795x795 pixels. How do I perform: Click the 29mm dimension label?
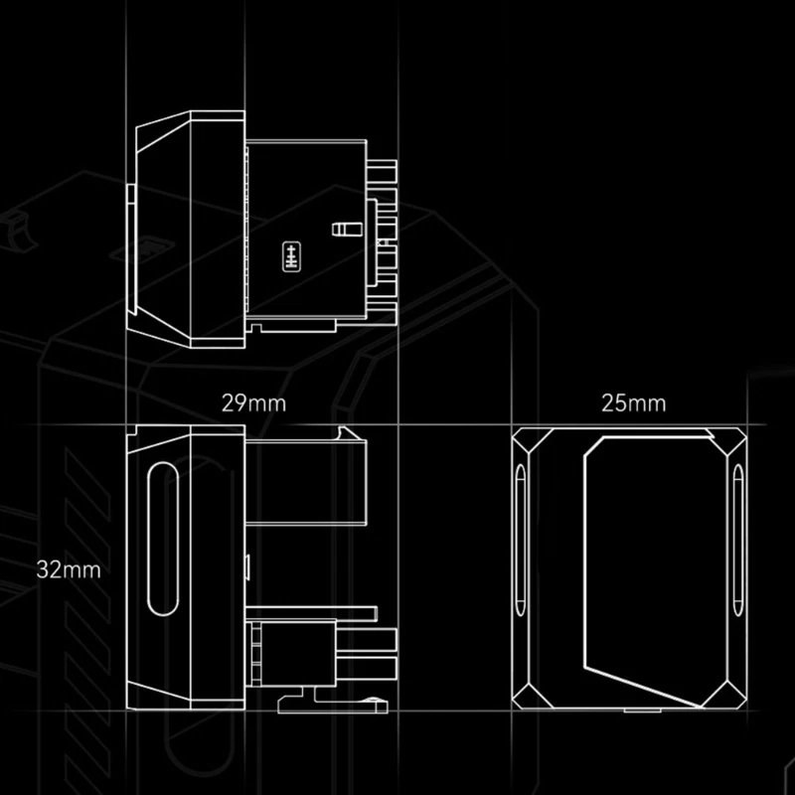click(253, 403)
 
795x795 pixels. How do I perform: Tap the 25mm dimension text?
click(633, 403)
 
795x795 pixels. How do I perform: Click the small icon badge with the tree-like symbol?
click(290, 254)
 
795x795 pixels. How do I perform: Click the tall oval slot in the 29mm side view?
click(160, 542)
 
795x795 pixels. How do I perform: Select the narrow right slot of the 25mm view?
click(736, 542)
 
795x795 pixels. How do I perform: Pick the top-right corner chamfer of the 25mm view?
click(731, 441)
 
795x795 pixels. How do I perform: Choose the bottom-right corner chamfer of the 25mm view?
click(731, 697)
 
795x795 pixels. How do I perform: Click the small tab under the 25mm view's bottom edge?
click(632, 712)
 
